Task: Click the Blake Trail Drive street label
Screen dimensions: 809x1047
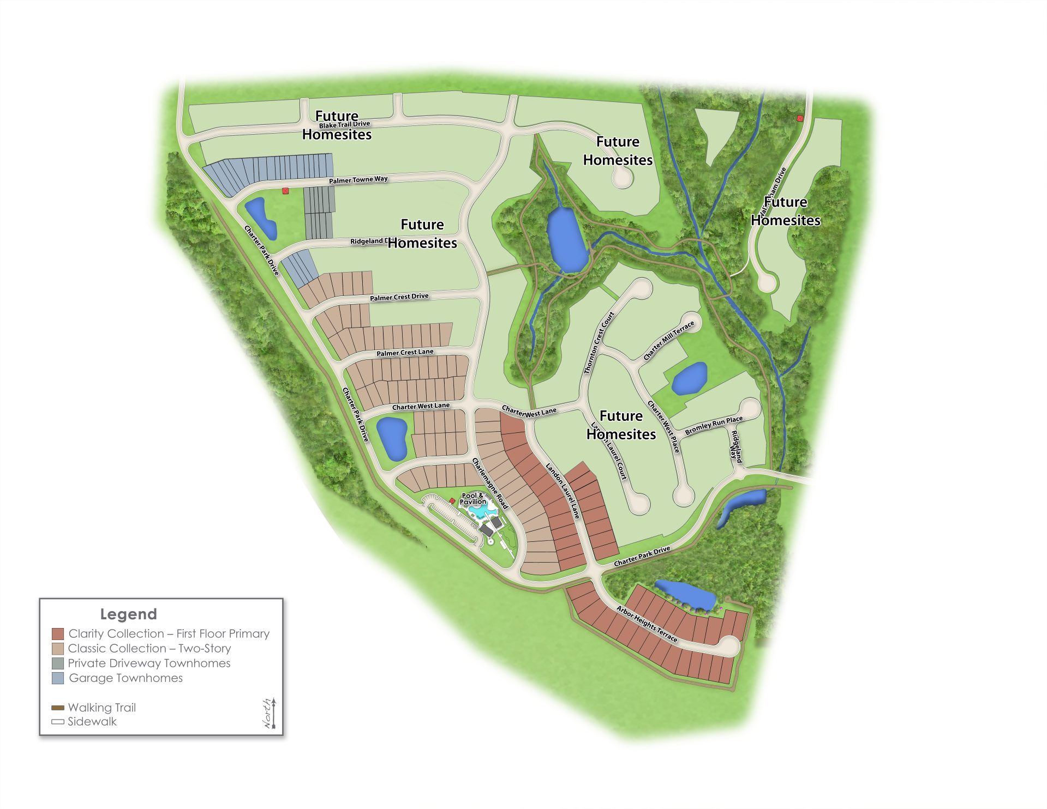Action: click(344, 125)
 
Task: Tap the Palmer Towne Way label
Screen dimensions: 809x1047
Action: click(358, 179)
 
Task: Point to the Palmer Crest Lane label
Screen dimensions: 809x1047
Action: click(405, 353)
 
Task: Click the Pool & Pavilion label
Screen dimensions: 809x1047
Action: click(472, 498)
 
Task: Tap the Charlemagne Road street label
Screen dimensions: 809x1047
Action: click(490, 484)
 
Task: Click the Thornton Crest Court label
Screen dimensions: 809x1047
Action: click(599, 342)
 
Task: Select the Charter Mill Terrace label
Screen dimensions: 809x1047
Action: click(668, 340)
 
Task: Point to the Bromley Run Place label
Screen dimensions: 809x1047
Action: click(714, 425)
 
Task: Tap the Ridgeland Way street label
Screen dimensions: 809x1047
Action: click(736, 447)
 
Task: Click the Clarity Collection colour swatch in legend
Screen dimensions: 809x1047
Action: click(58, 634)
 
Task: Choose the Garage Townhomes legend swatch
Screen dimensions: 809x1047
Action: click(58, 678)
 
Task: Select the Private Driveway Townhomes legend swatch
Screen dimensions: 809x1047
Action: click(58, 663)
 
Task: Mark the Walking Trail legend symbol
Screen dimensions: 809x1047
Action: click(58, 708)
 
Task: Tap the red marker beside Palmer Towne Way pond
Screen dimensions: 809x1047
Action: click(285, 191)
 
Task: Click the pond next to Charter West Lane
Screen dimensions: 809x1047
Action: click(392, 438)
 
